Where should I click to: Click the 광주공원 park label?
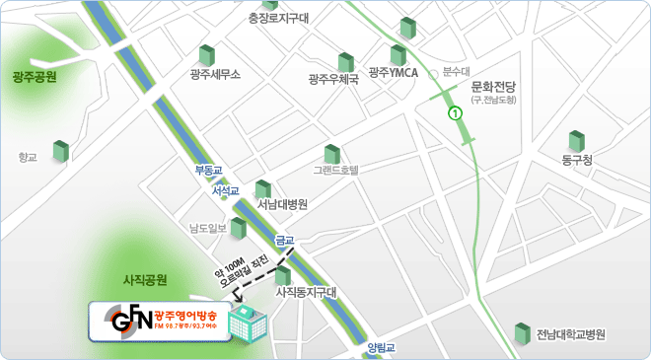click(36, 76)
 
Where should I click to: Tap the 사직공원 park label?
click(144, 279)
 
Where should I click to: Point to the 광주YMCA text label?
click(393, 73)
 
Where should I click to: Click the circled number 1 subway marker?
click(455, 113)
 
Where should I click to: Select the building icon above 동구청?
click(576, 141)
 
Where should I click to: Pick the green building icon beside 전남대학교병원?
click(522, 334)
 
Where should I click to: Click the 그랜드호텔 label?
click(335, 170)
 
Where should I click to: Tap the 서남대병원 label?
click(282, 205)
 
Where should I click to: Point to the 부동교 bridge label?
click(210, 171)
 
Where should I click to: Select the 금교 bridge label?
click(284, 240)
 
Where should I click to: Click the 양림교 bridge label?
click(380, 347)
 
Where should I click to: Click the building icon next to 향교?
click(61, 152)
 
